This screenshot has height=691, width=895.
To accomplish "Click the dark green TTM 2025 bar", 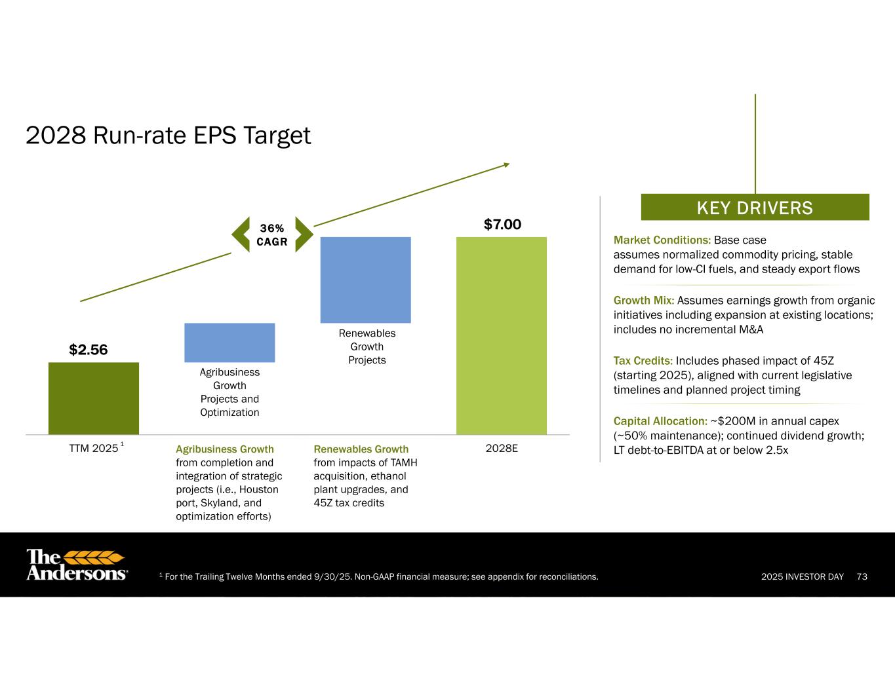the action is [x=94, y=398].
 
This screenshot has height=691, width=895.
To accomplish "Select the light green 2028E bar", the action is [x=501, y=335].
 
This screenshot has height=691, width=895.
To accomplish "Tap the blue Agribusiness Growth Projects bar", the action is [x=229, y=343].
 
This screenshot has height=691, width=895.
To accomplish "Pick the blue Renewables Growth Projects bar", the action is [x=365, y=280].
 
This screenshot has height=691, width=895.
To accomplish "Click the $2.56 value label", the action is [x=88, y=350].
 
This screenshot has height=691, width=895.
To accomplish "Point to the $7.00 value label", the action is [x=502, y=224].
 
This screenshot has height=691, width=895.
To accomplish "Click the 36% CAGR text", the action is [x=272, y=235].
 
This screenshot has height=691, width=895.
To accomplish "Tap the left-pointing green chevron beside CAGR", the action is [x=241, y=234].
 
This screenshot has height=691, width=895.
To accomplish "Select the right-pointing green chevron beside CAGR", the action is [x=304, y=234].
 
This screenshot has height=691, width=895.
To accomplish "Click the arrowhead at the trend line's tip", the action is [x=507, y=165].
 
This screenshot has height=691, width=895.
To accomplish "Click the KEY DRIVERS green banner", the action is [x=755, y=207].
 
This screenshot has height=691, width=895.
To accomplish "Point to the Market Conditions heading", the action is [x=662, y=240].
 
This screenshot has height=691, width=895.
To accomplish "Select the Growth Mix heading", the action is [x=644, y=300].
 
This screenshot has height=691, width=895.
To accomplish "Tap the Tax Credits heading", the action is [x=643, y=361].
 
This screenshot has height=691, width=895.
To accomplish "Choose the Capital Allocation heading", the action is [x=660, y=421].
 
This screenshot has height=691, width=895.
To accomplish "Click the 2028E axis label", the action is [x=501, y=448].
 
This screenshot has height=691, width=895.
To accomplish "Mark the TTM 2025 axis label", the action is [x=96, y=448].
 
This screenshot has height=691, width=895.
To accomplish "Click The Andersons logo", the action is [x=77, y=565].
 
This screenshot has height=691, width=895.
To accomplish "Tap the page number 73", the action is [x=862, y=576].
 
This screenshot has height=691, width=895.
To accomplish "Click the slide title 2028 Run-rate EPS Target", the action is [x=168, y=136].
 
